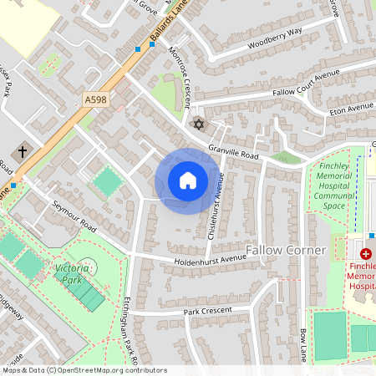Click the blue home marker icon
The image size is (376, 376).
[188, 180]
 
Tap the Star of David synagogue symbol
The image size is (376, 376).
[198, 124]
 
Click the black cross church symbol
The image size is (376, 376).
[21, 151]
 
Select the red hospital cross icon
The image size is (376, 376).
[366, 252]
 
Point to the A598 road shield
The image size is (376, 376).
[96, 99]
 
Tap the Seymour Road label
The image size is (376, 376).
[74, 216]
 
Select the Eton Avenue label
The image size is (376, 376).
[350, 108]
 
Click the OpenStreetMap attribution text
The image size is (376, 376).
[73, 369]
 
